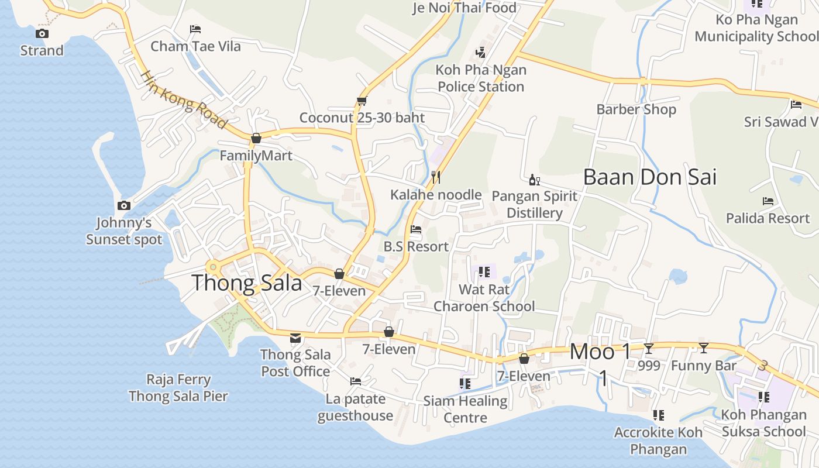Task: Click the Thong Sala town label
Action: [x=246, y=283]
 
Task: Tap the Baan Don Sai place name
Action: [x=649, y=177]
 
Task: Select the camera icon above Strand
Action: [x=42, y=33]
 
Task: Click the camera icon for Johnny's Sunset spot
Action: [x=123, y=205]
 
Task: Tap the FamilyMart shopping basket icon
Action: [x=256, y=139]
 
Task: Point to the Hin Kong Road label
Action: [x=183, y=99]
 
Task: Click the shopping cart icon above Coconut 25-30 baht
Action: [x=362, y=101]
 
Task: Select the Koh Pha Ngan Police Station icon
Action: [x=481, y=53]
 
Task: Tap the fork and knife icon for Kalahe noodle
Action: [x=436, y=177]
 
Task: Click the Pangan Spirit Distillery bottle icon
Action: [x=534, y=180]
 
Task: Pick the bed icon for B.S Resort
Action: [x=416, y=229]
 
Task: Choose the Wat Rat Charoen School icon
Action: [x=484, y=272]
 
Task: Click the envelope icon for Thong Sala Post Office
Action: [x=295, y=338]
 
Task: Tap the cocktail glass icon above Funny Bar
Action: [x=704, y=349]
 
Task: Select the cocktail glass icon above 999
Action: [x=649, y=349]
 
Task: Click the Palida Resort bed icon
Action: [x=768, y=201]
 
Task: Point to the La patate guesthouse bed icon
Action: [x=355, y=381]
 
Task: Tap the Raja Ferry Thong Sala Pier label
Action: [x=178, y=387]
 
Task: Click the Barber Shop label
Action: [x=636, y=109]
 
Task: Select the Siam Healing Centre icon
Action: [x=465, y=384]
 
